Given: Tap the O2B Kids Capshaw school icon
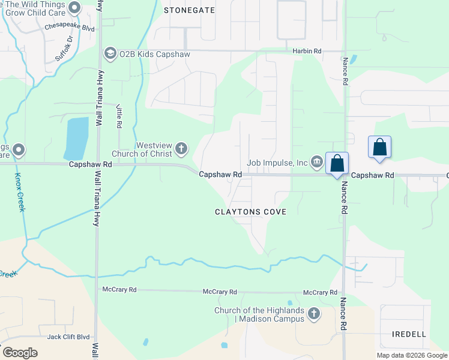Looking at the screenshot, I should (x=110, y=54).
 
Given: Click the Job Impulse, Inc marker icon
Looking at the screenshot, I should (x=316, y=161).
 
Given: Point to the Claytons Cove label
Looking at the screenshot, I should (x=251, y=212).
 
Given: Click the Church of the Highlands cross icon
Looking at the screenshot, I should (x=313, y=314).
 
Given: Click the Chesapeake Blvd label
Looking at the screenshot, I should (x=70, y=27).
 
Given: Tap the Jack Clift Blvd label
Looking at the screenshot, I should (x=68, y=337).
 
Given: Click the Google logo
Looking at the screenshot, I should (x=20, y=353).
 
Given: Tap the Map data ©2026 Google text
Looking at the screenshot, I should (x=411, y=355).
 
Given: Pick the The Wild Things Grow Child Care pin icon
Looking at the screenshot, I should (x=74, y=8).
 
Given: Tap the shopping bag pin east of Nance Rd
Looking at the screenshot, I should (x=379, y=147).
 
